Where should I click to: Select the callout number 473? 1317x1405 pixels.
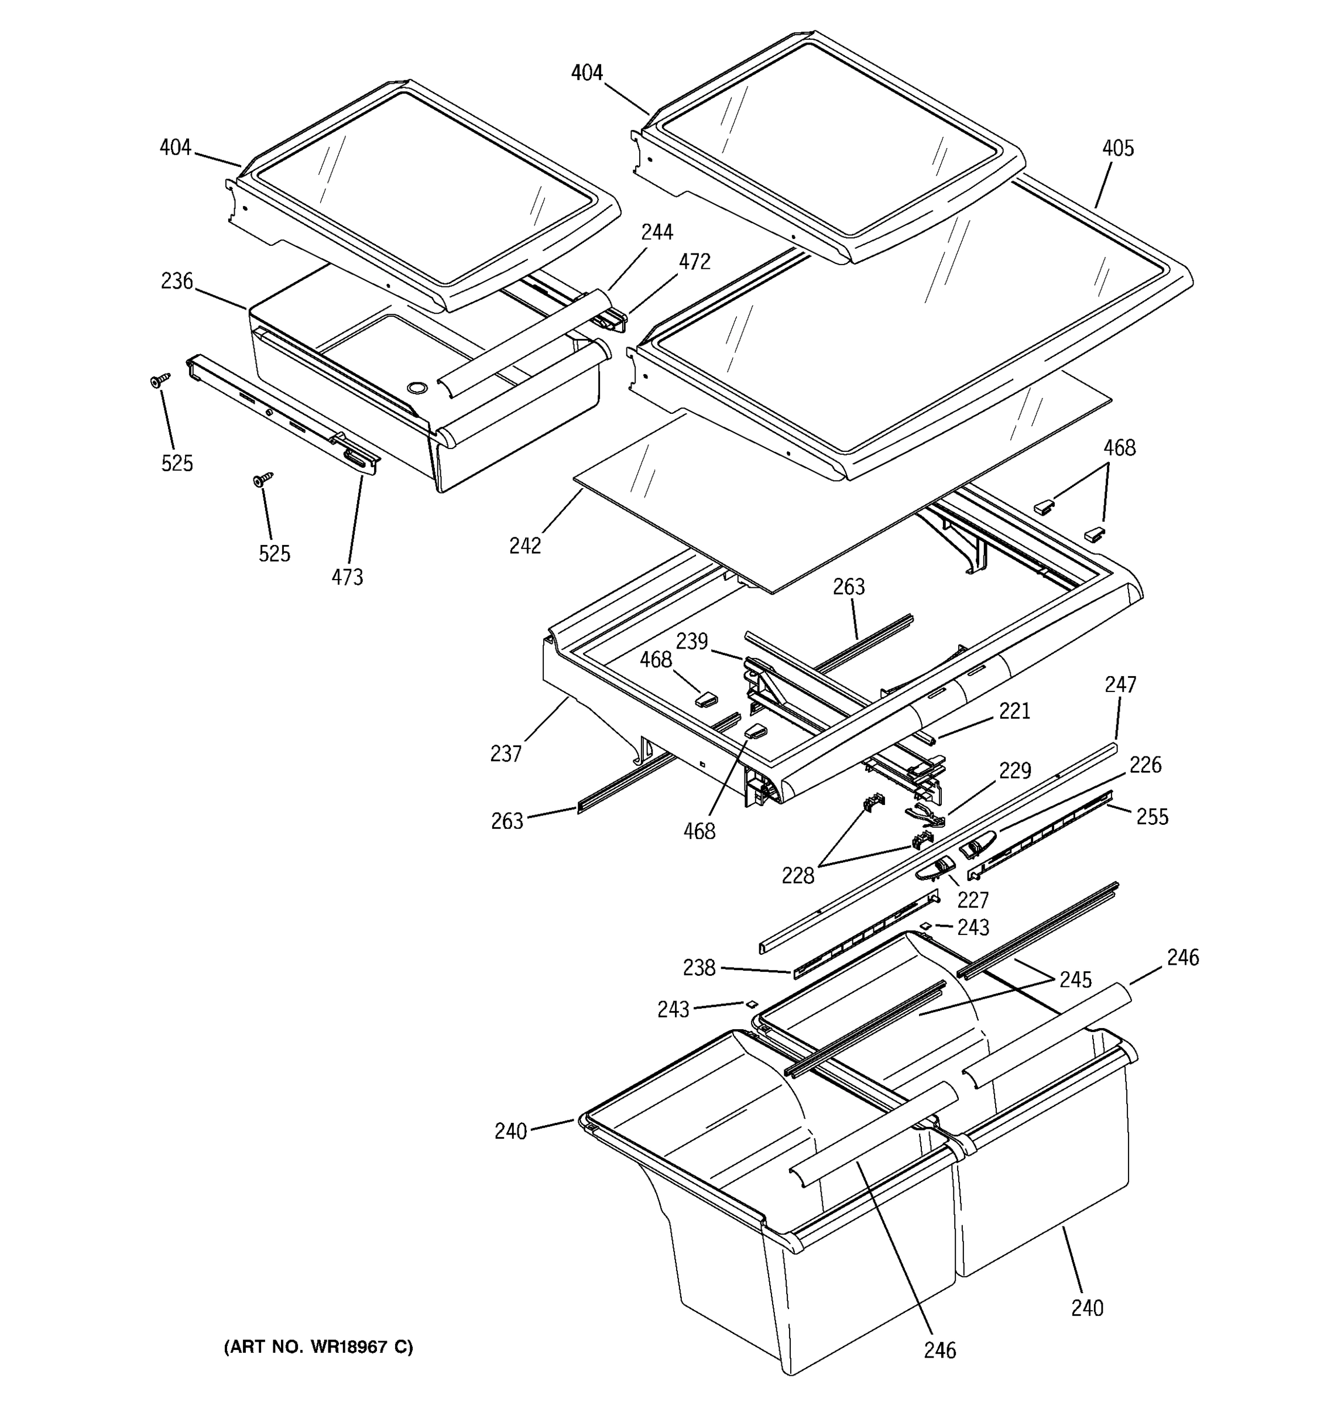(x=347, y=577)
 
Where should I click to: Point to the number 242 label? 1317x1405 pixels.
(x=525, y=546)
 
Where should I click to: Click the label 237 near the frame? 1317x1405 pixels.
(x=506, y=754)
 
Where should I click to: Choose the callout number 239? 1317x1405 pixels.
(x=692, y=641)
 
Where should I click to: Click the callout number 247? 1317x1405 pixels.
(x=1120, y=684)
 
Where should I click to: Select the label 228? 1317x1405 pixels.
(x=798, y=876)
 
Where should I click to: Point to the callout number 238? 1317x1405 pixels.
(x=699, y=968)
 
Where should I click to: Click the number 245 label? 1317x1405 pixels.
(x=1075, y=979)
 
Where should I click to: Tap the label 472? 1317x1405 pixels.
(x=695, y=262)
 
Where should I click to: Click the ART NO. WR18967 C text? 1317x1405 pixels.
(x=318, y=1347)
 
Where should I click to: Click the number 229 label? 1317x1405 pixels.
(x=1014, y=770)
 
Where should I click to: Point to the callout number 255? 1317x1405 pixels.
(x=1152, y=817)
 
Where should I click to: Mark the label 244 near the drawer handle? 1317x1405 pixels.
(x=657, y=232)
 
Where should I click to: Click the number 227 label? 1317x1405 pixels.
(x=973, y=900)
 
